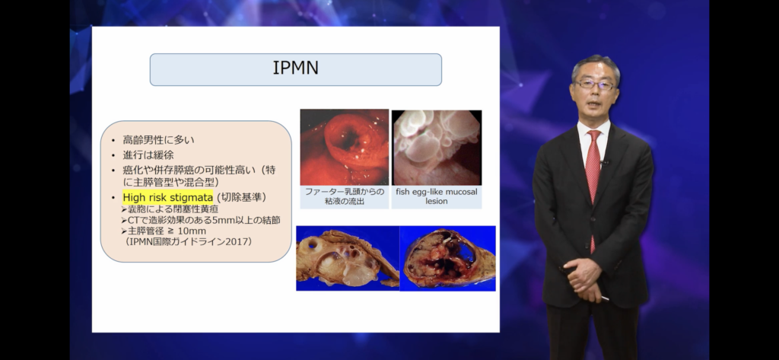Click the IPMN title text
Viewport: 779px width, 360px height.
point(296,68)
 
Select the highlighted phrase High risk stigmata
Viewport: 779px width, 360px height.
point(168,197)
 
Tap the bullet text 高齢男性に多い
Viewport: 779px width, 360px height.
point(158,140)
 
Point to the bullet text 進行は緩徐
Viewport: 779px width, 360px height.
point(148,155)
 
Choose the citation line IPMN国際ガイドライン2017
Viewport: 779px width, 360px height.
point(189,242)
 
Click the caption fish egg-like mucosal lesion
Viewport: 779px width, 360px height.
point(436,196)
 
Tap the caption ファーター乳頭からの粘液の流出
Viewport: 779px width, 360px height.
point(345,196)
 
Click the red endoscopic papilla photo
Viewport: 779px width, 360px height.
point(345,147)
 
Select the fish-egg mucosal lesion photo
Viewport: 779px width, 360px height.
point(437,148)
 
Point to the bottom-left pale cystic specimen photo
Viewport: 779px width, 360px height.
point(348,258)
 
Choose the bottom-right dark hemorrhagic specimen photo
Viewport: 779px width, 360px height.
point(447,258)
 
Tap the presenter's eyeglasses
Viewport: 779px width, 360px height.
point(595,85)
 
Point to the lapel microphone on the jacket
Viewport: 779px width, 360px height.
point(605,162)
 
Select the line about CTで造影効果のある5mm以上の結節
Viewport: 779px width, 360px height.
point(201,220)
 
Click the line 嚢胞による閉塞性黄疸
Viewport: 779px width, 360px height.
point(170,209)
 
